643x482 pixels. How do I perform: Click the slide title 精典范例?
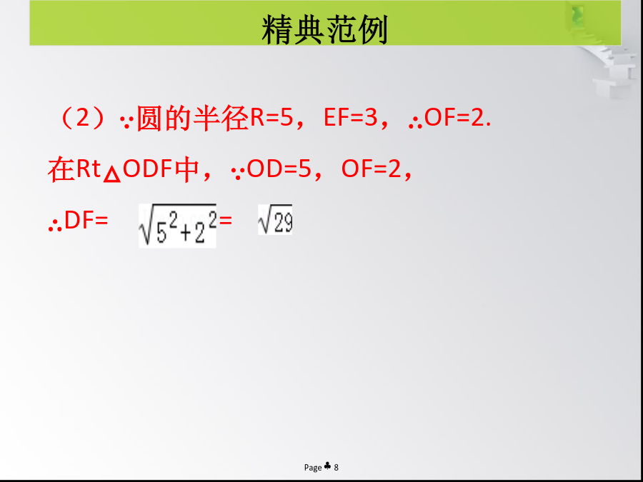click(x=324, y=29)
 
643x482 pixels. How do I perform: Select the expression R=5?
click(x=271, y=118)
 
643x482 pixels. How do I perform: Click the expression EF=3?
click(x=350, y=118)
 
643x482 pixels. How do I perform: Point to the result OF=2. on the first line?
click(x=457, y=118)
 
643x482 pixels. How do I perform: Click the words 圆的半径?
click(x=192, y=118)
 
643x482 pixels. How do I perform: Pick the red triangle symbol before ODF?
click(x=112, y=175)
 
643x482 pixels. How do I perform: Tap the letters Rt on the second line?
click(x=89, y=169)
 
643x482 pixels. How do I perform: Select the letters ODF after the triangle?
click(x=148, y=169)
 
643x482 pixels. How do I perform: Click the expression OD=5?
click(x=279, y=169)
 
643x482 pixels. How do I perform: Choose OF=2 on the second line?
click(x=371, y=169)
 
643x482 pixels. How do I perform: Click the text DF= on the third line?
click(x=86, y=220)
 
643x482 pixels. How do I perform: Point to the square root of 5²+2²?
click(x=177, y=226)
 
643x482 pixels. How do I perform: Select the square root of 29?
click(x=275, y=219)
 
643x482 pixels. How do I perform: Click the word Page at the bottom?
click(x=313, y=467)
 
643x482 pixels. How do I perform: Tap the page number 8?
click(x=337, y=467)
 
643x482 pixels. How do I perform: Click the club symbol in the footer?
click(x=327, y=466)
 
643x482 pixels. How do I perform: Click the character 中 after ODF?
click(x=187, y=169)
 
